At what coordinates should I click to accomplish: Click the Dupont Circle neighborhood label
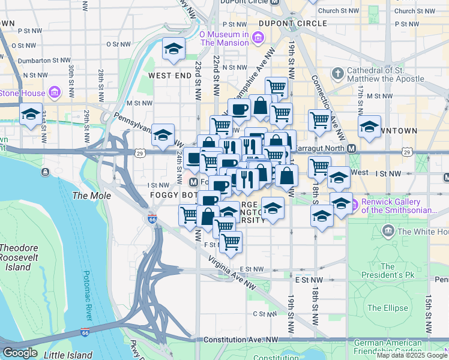click(294, 23)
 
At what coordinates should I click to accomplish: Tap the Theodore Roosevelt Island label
click(23, 257)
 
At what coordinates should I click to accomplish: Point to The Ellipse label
click(382, 308)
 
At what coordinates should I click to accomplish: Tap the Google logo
click(20, 353)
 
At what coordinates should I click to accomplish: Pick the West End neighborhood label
click(170, 76)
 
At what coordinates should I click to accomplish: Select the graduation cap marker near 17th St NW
click(369, 127)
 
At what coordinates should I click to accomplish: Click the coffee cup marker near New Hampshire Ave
click(239, 110)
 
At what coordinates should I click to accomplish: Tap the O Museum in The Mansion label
click(224, 38)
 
